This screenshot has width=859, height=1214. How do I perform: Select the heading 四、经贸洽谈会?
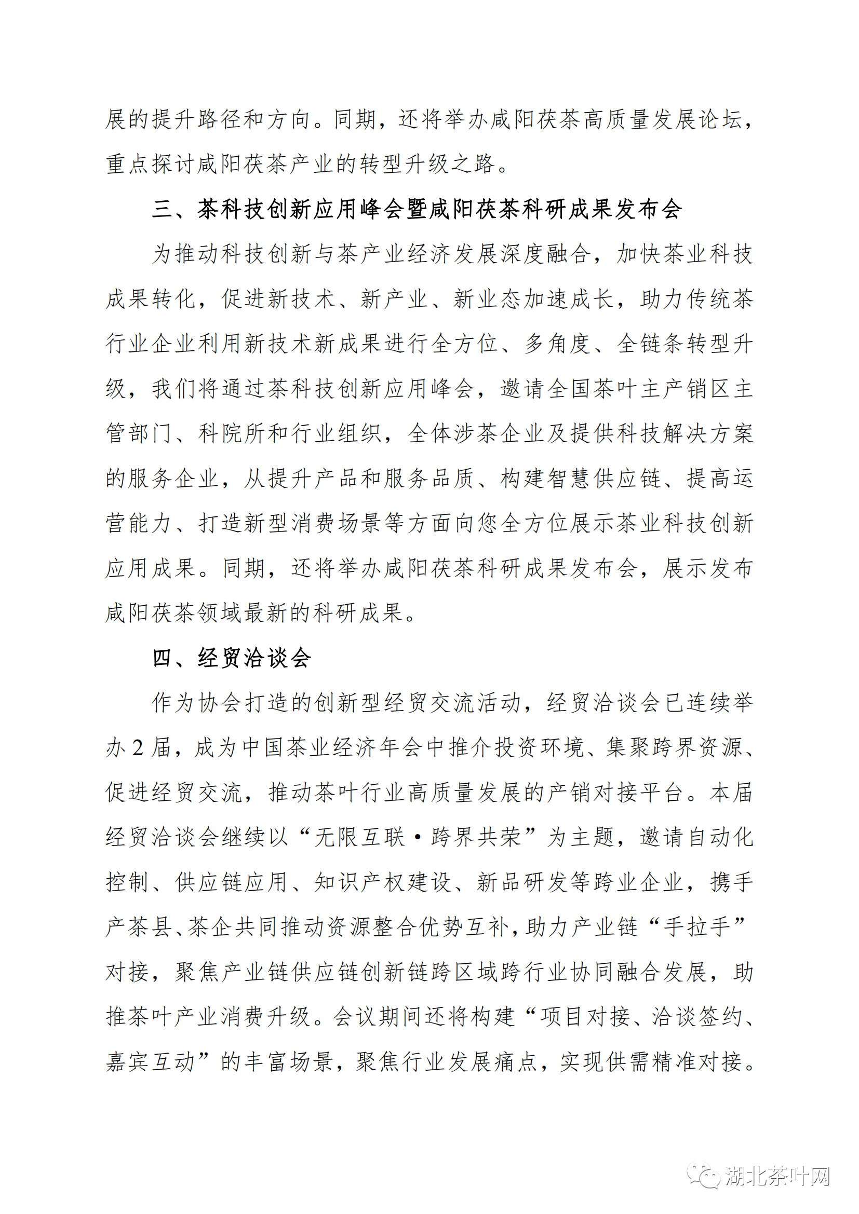point(231,658)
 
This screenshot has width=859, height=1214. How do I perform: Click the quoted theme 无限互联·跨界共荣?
point(418,837)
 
